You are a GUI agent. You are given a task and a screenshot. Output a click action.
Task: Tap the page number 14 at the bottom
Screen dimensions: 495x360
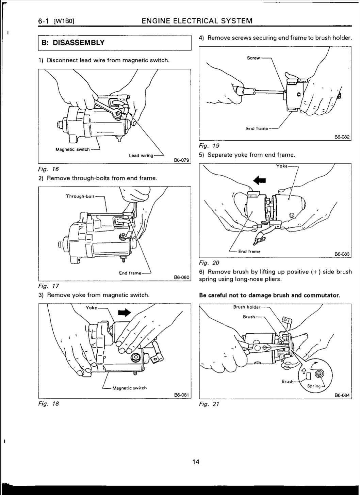click(196, 462)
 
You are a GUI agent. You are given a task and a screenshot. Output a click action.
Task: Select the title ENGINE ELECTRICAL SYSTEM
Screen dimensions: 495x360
click(197, 21)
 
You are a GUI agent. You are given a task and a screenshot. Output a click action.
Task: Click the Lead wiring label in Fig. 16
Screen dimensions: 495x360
click(141, 156)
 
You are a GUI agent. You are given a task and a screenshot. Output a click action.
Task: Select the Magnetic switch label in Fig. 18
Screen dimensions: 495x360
click(129, 388)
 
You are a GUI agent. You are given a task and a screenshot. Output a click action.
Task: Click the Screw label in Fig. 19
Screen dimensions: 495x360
click(253, 58)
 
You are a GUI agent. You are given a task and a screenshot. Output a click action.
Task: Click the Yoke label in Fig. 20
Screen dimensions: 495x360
click(282, 166)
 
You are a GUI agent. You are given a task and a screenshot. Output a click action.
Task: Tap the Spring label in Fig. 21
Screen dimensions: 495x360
click(314, 386)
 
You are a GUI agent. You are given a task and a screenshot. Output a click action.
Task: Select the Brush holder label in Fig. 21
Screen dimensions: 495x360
click(246, 307)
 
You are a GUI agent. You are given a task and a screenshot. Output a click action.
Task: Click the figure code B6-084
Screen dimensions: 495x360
click(342, 395)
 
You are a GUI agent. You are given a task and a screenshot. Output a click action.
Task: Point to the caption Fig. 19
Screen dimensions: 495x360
click(209, 146)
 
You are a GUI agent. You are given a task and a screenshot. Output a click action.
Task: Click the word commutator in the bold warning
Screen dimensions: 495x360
click(322, 295)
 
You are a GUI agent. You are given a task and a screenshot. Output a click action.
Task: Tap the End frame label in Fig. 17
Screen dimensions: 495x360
click(130, 273)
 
